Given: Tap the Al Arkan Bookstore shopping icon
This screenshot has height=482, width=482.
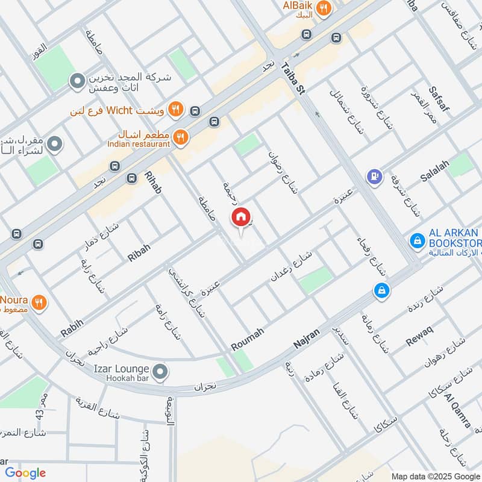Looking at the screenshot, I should pyautogui.click(x=416, y=241).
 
